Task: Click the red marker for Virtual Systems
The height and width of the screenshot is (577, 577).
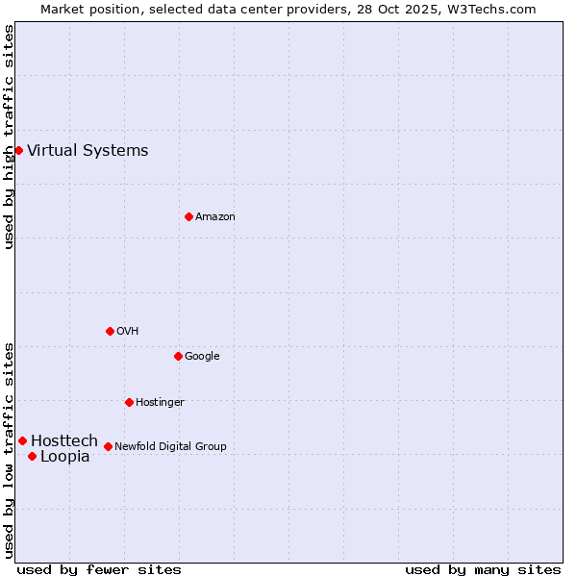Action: [18, 150]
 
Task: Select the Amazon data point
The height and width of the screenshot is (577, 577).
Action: [188, 216]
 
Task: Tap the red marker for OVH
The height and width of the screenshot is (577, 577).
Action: [110, 331]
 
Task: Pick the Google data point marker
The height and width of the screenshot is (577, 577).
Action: [178, 356]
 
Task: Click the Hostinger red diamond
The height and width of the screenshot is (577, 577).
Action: [129, 402]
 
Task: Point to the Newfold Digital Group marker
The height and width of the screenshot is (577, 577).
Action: [108, 446]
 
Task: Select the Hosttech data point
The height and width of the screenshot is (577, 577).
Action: [22, 440]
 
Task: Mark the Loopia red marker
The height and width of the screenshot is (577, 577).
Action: [32, 456]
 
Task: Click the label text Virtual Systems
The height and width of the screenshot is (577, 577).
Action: [88, 150]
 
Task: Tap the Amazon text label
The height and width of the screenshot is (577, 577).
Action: [215, 216]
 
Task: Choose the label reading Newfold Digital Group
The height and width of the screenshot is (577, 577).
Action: [170, 446]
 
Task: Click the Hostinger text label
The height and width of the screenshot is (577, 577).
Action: [160, 402]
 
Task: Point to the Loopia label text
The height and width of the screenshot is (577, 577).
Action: [64, 457]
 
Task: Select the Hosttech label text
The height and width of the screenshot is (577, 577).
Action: [64, 440]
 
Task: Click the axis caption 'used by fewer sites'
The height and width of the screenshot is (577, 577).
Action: [99, 569]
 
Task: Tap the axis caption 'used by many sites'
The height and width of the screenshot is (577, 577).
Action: [483, 569]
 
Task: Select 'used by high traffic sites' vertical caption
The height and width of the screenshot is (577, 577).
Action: [9, 137]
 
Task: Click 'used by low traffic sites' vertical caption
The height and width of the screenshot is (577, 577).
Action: [9, 450]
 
